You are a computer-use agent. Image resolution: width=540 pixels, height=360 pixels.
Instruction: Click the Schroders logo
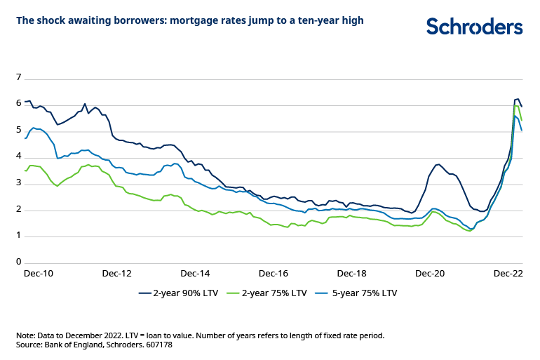pos(474,27)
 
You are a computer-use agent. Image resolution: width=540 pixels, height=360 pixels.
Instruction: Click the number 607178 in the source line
pos(158,345)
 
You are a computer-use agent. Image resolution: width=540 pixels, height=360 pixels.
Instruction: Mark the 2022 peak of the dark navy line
pos(518,99)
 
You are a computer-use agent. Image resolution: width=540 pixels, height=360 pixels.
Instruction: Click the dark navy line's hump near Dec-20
pos(437,165)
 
